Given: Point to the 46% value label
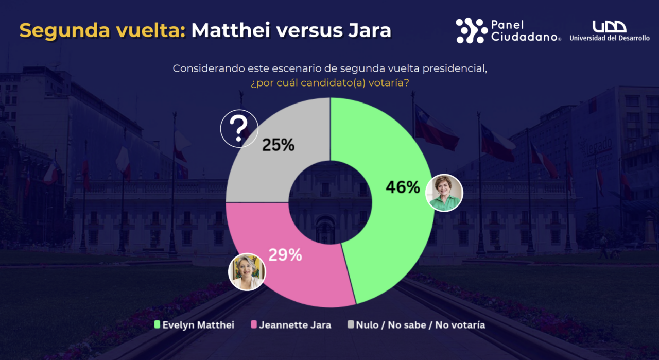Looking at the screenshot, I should coord(403,187).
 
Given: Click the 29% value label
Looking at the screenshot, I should coord(285,254).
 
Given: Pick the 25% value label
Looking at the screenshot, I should coord(278,145).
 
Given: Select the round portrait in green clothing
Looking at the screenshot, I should coord(445,193).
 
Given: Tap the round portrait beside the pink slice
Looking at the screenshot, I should coord(247,271).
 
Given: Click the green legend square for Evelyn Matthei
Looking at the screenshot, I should coord(158,325).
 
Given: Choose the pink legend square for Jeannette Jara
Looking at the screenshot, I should coord(253,325).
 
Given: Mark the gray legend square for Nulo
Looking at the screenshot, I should coord(351,325).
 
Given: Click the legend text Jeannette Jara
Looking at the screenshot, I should coord(295,325).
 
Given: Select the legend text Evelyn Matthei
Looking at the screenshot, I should coord(198,325).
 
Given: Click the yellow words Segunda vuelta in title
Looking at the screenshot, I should coord(102,30).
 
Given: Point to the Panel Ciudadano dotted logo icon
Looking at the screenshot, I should coord(471,30).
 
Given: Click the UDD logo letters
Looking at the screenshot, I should coord(609,27).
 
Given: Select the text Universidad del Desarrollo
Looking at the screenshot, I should coord(610,38).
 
